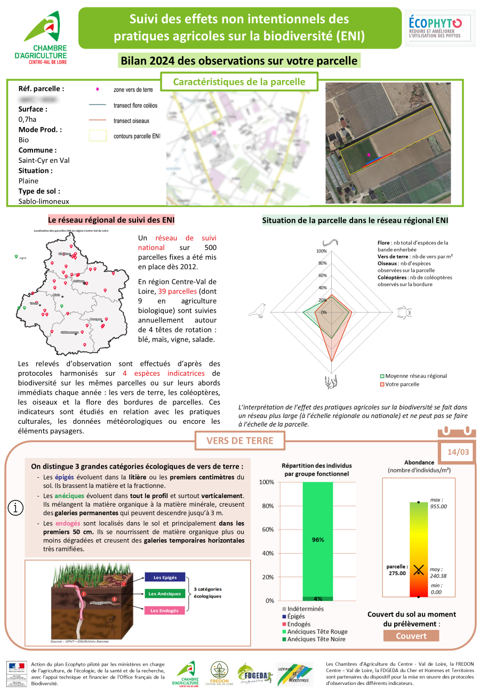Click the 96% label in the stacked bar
[x=318, y=540]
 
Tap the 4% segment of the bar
[x=318, y=598]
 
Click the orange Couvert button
[x=411, y=636]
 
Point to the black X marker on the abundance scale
[x=419, y=570]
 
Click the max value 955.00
[x=438, y=506]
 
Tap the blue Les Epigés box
[x=165, y=577]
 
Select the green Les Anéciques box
[x=165, y=593]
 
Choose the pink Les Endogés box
[x=165, y=610]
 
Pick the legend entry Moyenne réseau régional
[x=415, y=376]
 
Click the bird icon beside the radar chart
[x=260, y=310]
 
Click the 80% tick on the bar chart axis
[x=267, y=506]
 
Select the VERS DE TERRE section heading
[x=239, y=440]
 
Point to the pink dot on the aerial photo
[x=369, y=155]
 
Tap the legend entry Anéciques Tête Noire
[x=316, y=639]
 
